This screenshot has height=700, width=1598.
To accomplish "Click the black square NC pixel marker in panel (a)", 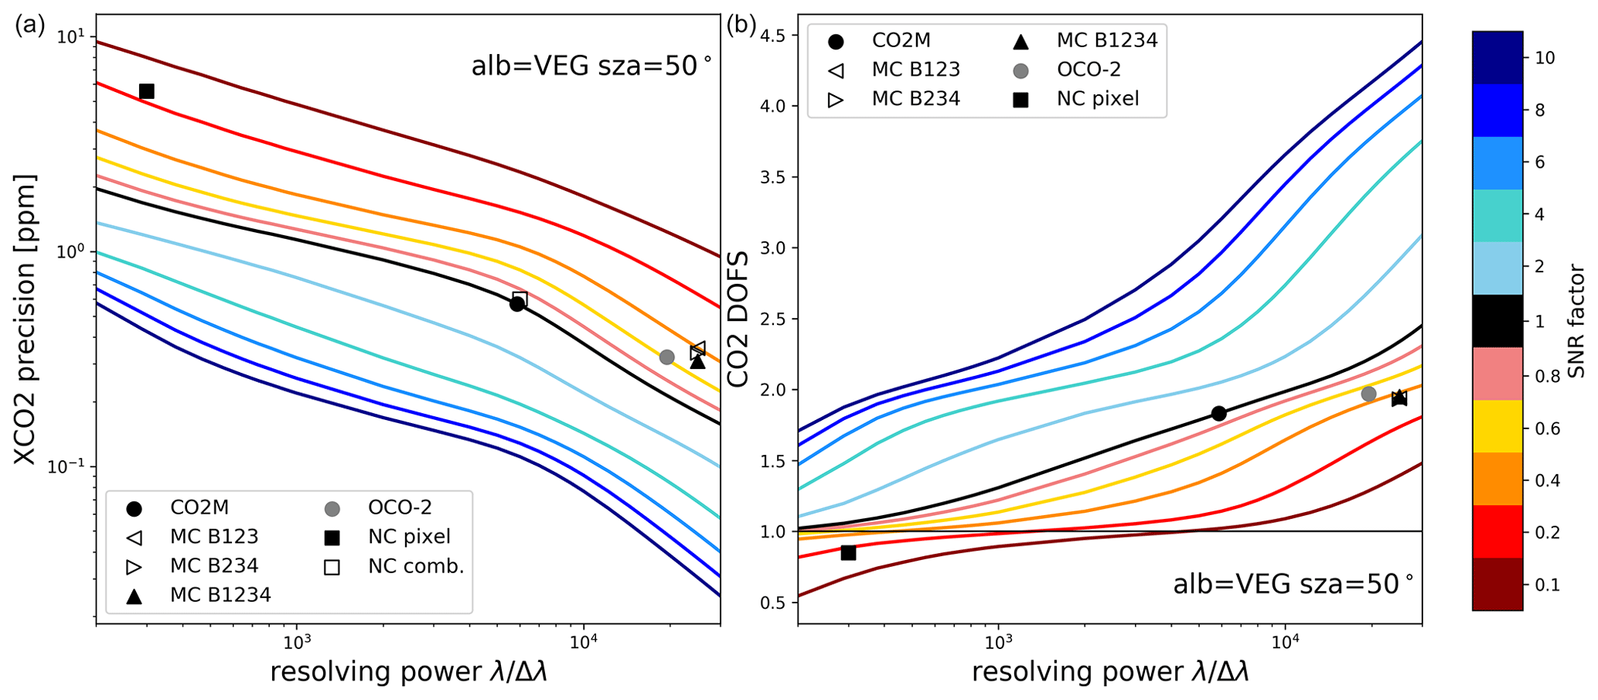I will tap(146, 91).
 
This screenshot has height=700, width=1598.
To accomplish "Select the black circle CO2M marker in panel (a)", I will tap(517, 304).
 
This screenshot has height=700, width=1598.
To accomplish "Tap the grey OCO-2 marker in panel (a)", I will tap(666, 357).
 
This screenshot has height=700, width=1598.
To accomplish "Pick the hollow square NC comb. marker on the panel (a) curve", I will tap(520, 299).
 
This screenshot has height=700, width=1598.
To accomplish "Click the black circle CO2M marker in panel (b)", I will tap(1218, 413).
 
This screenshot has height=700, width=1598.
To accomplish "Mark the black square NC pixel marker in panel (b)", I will tap(848, 552).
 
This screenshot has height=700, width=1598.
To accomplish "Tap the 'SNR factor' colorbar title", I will tap(1576, 321).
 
